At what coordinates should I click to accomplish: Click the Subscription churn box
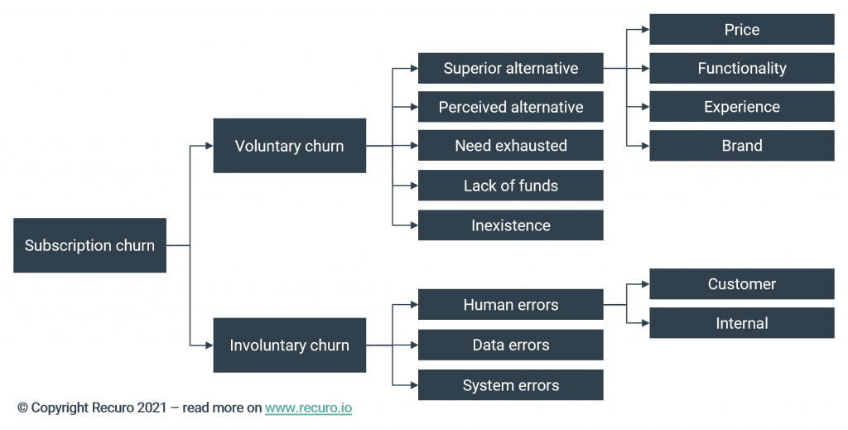pyautogui.click(x=89, y=245)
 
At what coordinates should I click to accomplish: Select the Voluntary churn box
pyautogui.click(x=289, y=146)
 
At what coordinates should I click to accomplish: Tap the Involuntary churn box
pyautogui.click(x=289, y=345)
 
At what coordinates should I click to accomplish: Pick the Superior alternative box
pyautogui.click(x=510, y=68)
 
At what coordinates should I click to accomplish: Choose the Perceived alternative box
pyautogui.click(x=510, y=107)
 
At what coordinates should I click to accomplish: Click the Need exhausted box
pyautogui.click(x=510, y=146)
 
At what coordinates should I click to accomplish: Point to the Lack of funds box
pyautogui.click(x=510, y=186)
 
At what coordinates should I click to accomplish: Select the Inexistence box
pyautogui.click(x=510, y=225)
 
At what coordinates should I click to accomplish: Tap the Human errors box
pyautogui.click(x=510, y=305)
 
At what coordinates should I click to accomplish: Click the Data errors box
pyautogui.click(x=510, y=345)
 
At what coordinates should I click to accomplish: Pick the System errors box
pyautogui.click(x=510, y=385)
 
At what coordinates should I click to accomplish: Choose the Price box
pyautogui.click(x=741, y=30)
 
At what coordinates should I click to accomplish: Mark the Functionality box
pyautogui.click(x=741, y=68)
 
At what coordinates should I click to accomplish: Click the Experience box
pyautogui.click(x=741, y=107)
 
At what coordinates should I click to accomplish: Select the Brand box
pyautogui.click(x=741, y=146)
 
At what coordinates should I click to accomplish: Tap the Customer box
pyautogui.click(x=741, y=284)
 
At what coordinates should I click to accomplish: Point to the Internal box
pyautogui.click(x=741, y=323)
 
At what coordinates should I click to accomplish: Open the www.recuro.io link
pyautogui.click(x=308, y=408)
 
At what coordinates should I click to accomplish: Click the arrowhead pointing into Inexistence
pyautogui.click(x=413, y=225)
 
